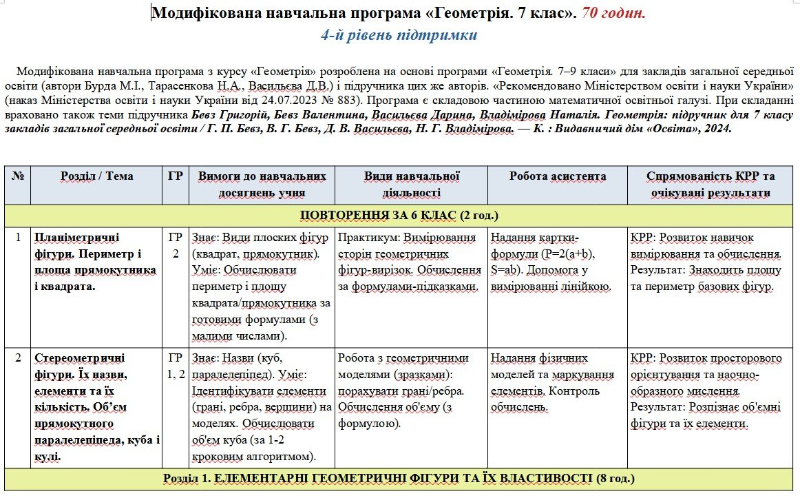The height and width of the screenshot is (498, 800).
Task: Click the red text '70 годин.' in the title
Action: coord(614,13)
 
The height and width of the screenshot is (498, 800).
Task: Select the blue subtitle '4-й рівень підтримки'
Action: coord(399,35)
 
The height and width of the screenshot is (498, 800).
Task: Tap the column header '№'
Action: coord(17,176)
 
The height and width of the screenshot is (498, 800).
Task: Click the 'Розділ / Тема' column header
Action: coord(96,176)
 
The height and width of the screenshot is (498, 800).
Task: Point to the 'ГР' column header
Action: coord(175,176)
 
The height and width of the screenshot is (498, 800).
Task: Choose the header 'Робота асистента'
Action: coord(557,176)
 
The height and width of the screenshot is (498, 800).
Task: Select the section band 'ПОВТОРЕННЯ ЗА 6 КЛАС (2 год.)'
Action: coord(399,215)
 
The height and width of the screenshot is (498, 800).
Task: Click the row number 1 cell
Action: coord(17,237)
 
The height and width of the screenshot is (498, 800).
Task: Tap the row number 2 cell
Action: coord(17,358)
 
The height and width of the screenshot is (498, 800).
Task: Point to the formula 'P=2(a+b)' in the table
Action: coord(571,253)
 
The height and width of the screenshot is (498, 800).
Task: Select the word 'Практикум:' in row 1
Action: coord(368,237)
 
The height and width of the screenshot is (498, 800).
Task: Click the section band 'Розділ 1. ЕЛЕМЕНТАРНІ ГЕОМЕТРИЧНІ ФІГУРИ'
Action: coord(399,478)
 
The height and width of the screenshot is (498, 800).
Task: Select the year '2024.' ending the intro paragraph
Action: coord(717,128)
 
